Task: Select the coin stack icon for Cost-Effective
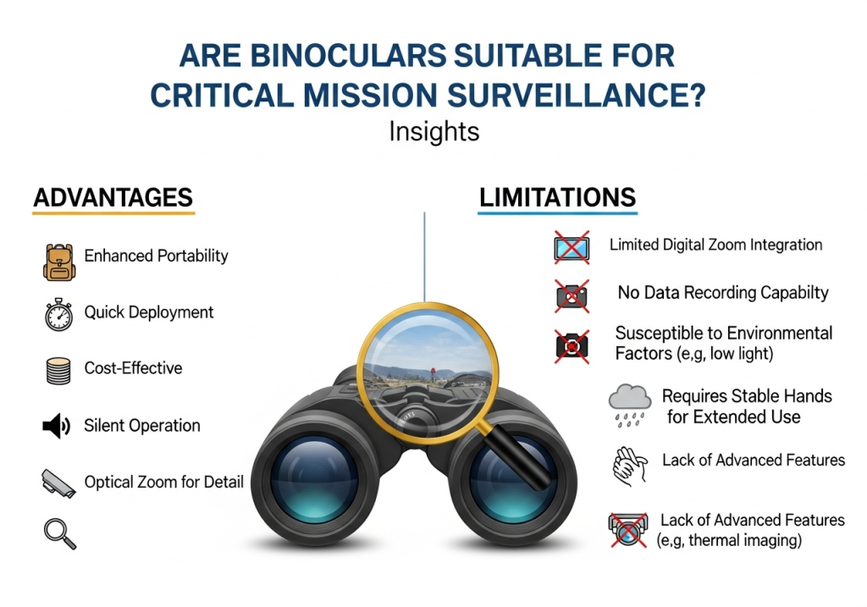57,370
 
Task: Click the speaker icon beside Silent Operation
56,426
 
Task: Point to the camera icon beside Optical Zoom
58,483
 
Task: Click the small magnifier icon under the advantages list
58,533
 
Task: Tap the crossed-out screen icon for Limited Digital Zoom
572,246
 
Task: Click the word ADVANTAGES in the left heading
113,198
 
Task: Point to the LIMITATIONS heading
557,198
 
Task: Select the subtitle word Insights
433,132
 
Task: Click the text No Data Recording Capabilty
723,294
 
